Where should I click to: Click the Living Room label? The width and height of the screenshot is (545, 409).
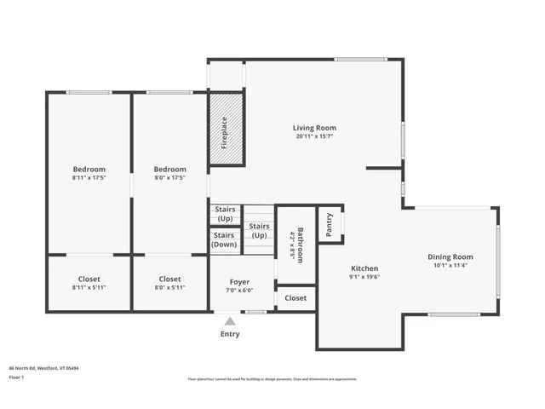[314, 128]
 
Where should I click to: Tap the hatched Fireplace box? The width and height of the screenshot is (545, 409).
[227, 131]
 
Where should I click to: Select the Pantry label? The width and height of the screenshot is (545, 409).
[330, 224]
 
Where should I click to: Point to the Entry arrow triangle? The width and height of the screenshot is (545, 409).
[230, 321]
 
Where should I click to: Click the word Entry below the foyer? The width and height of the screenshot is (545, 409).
[230, 334]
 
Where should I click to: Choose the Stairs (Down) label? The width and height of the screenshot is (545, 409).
[224, 239]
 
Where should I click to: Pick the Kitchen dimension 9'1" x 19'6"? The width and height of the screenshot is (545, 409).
[364, 277]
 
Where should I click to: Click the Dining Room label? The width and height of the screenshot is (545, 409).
[450, 256]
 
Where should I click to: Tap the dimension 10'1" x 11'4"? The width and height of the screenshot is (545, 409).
[450, 265]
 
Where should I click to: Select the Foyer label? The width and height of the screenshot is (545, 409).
[239, 281]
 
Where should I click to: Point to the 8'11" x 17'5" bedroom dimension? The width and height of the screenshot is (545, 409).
[89, 178]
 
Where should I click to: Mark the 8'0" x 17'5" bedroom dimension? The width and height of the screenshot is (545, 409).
[169, 178]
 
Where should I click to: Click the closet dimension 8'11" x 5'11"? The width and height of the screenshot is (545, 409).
[89, 288]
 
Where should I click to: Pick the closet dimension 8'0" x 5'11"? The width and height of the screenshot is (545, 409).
[169, 288]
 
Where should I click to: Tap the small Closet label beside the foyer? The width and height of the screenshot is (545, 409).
[295, 298]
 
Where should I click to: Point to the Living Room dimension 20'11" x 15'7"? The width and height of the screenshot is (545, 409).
[314, 136]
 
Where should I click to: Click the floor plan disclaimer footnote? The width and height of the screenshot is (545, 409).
[272, 379]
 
